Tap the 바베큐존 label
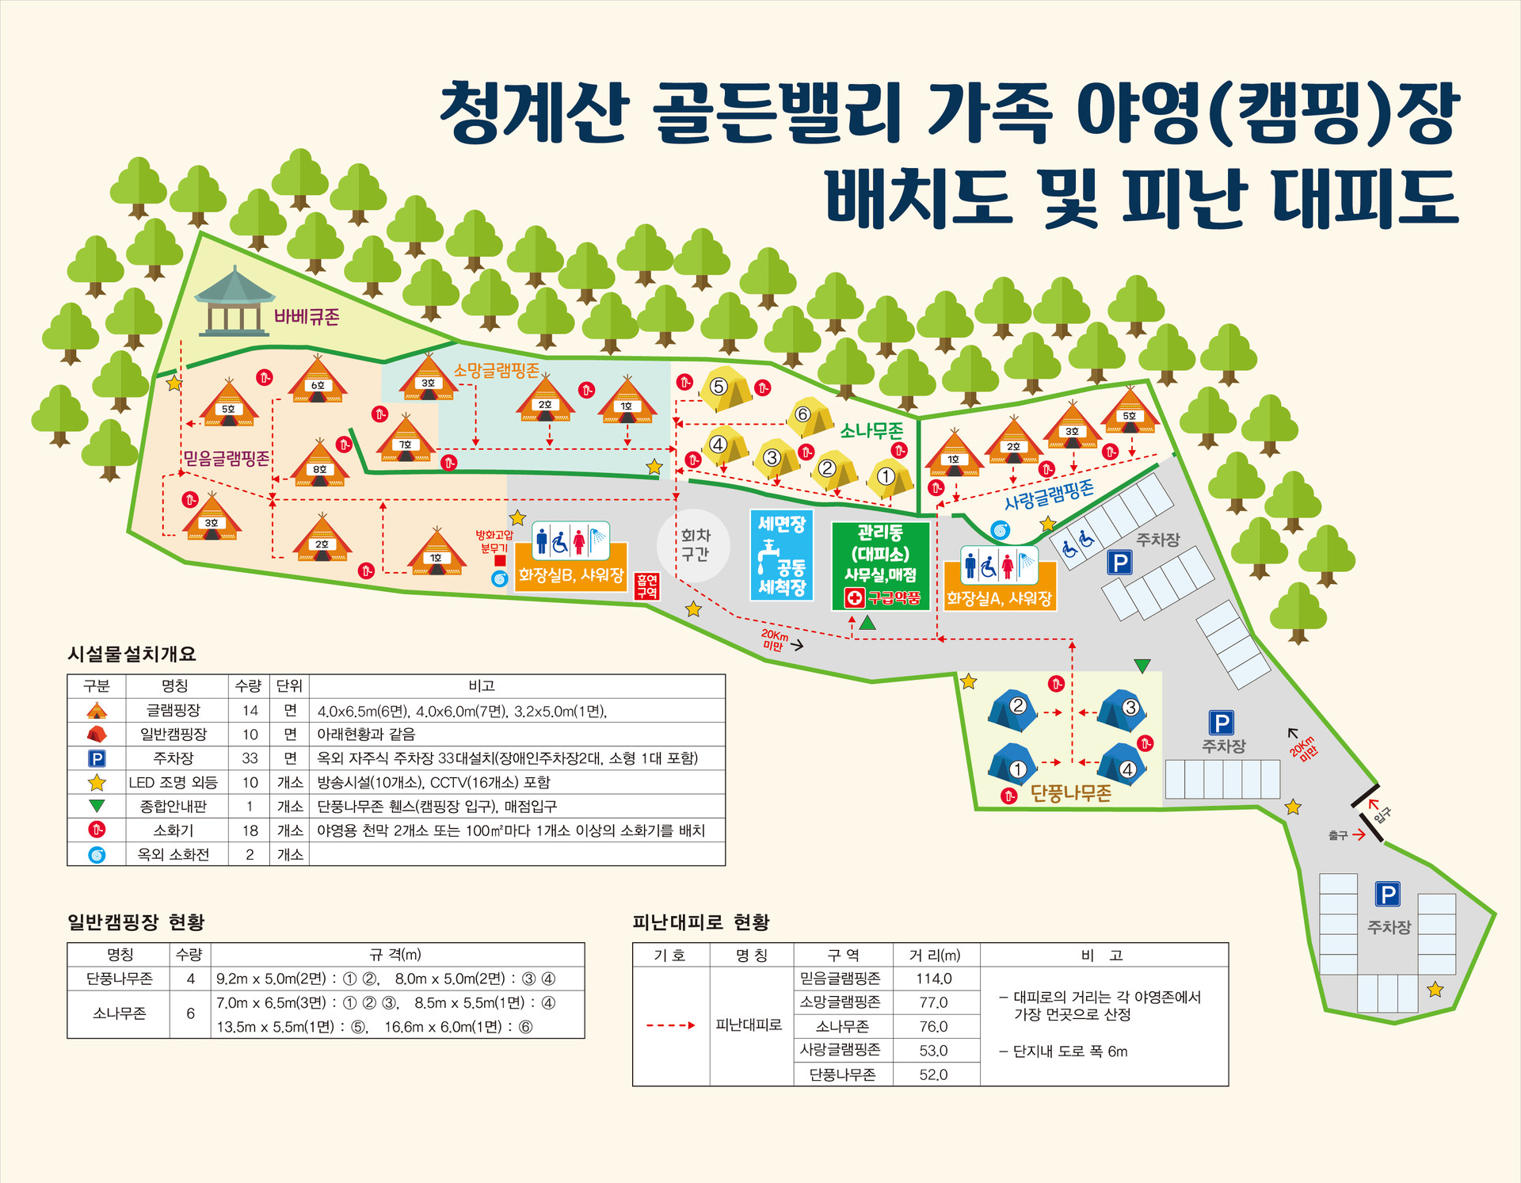coord(307,317)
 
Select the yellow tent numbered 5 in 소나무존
coord(723,388)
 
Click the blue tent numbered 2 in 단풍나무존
coord(1013,709)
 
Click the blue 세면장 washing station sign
coord(781,555)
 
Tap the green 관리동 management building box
coord(880,565)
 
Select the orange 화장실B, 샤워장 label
coord(570,574)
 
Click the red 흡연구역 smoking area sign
coord(646,586)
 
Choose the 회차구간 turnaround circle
coord(694,545)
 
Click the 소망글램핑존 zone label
coord(496,370)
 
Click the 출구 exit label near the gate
coord(1338,835)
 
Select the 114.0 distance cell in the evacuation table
coord(934,979)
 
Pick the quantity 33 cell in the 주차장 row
coord(250,758)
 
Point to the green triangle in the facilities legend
coord(97,806)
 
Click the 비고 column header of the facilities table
coord(481,685)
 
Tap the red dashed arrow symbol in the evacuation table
coord(670,1025)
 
